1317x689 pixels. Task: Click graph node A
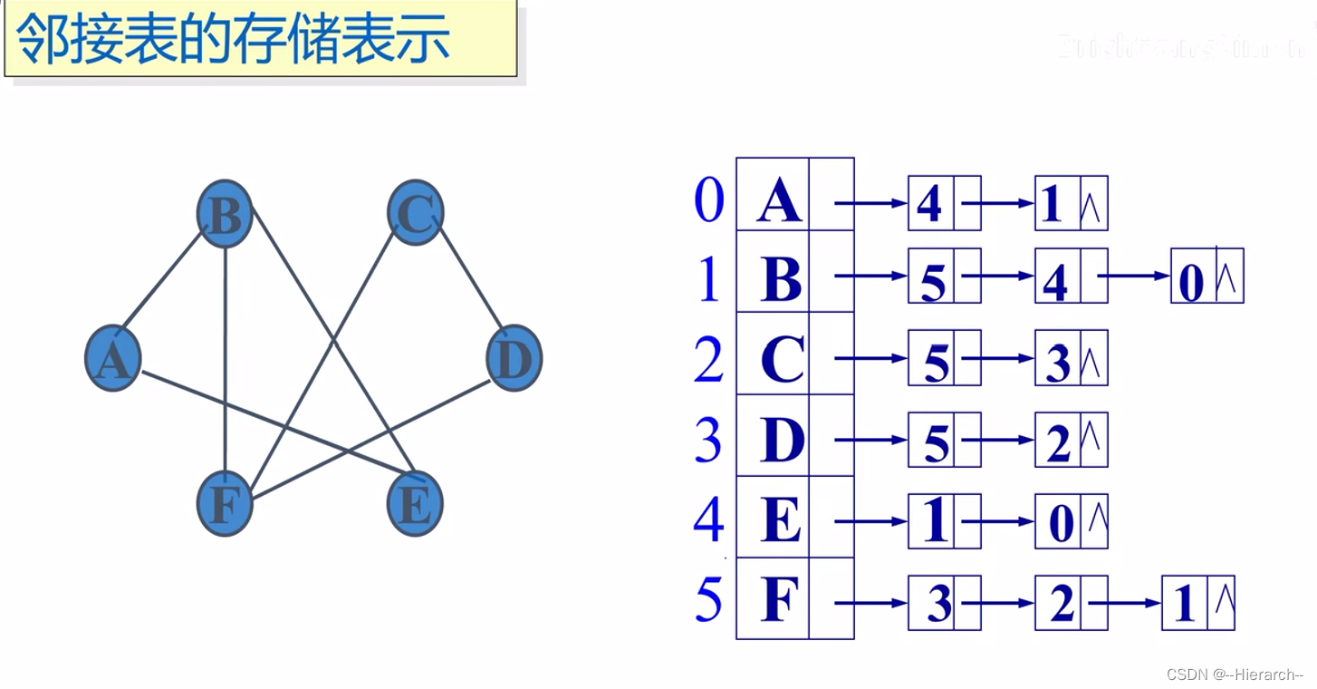coord(113,359)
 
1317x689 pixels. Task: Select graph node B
coord(225,214)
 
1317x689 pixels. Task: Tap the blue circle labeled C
coord(415,214)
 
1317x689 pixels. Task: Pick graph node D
coord(514,359)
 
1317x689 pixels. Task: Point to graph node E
coord(415,504)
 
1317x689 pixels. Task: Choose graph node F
coord(225,504)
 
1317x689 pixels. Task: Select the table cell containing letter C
coord(782,360)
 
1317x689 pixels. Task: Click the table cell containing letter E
coord(782,521)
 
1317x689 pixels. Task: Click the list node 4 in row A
coord(930,203)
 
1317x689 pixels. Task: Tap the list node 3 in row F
coord(939,604)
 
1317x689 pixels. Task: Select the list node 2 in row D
coord(1058,442)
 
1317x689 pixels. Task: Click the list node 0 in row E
coord(1059,523)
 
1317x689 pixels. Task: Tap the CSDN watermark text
coord(1235,674)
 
